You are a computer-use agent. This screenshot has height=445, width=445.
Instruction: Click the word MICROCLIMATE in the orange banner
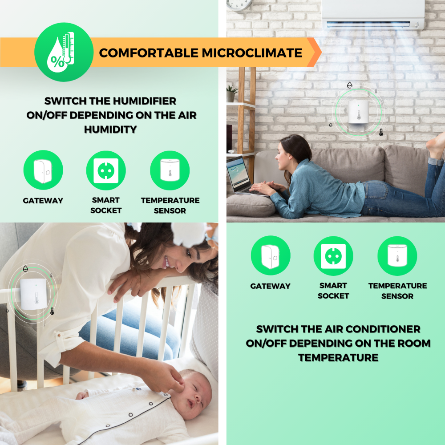click(x=252, y=53)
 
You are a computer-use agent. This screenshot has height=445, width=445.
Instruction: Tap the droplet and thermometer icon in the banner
click(x=64, y=52)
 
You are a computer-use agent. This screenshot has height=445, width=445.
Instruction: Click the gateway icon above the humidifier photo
click(x=43, y=170)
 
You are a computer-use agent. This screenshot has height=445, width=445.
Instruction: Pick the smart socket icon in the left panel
click(x=106, y=170)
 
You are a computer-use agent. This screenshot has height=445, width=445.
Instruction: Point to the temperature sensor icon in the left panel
click(x=170, y=170)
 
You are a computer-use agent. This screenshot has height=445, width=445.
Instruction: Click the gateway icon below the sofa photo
click(x=271, y=255)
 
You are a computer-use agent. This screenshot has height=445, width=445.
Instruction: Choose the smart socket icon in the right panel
click(x=333, y=256)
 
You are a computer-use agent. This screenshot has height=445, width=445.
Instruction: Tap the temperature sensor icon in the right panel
click(x=397, y=256)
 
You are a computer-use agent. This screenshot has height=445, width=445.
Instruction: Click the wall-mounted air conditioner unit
click(x=373, y=14)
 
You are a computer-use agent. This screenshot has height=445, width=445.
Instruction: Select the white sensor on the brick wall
click(x=358, y=112)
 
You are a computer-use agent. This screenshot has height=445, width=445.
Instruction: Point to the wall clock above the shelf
click(x=239, y=4)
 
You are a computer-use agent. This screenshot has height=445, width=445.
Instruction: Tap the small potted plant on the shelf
click(x=232, y=93)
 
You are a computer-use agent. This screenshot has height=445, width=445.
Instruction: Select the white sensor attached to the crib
click(x=33, y=294)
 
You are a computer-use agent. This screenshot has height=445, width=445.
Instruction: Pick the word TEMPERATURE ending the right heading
click(x=338, y=358)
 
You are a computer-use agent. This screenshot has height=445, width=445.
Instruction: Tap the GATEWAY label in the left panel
click(x=43, y=201)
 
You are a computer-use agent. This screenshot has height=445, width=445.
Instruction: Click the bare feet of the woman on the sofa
click(x=436, y=146)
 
